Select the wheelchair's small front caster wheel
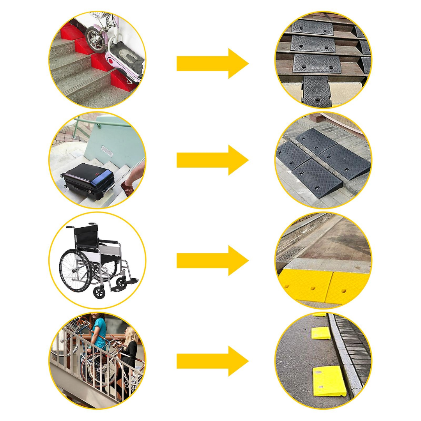(x=99, y=292)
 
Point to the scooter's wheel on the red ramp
(x=96, y=39)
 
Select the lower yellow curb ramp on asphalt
(x=329, y=380)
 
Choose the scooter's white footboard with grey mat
(x=127, y=55)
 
